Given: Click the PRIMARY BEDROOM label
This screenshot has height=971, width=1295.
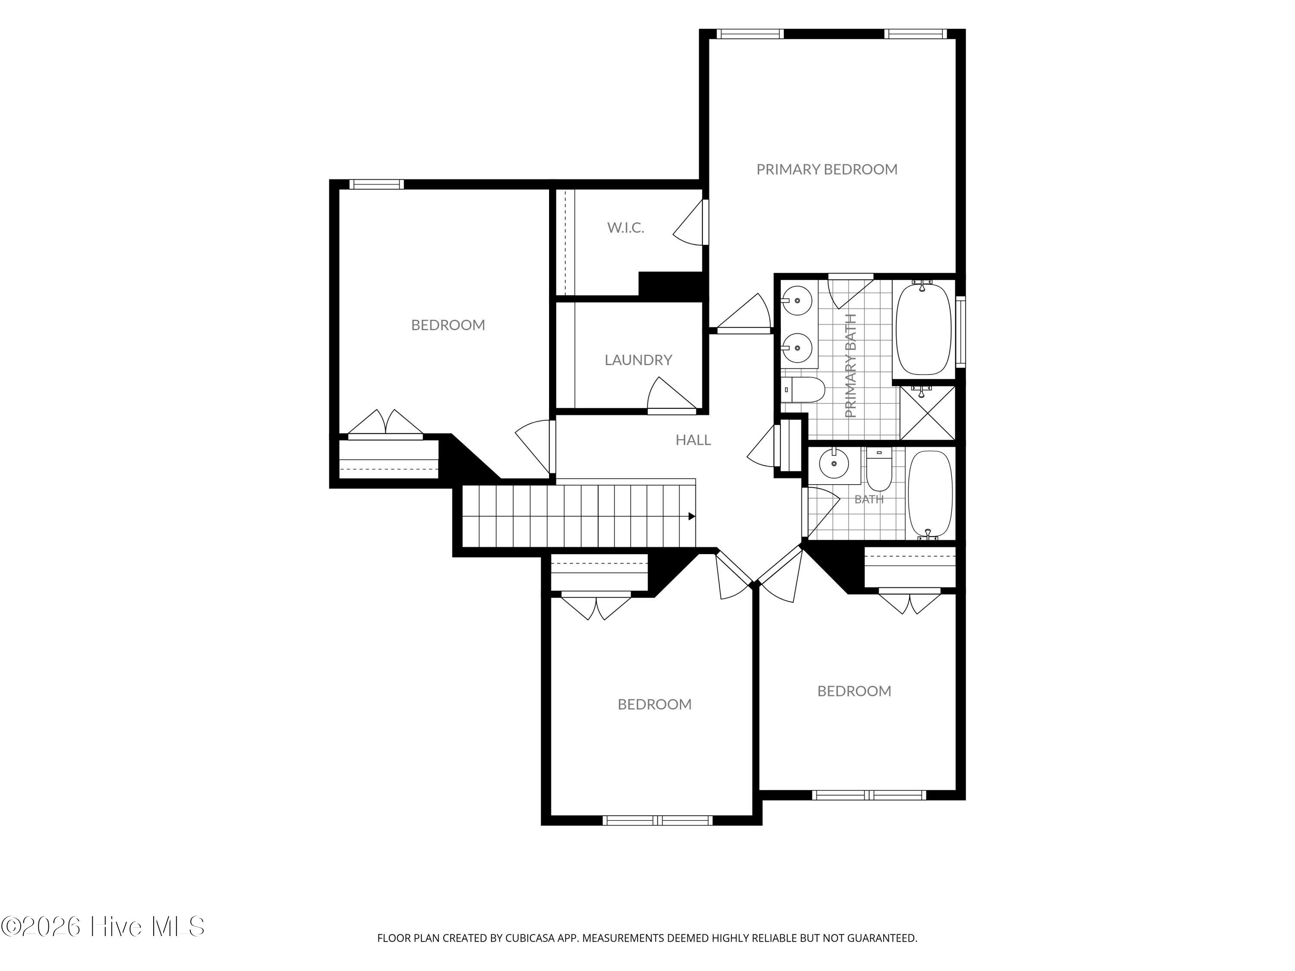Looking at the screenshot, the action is point(827,170).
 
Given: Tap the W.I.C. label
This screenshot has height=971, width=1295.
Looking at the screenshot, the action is point(625,228).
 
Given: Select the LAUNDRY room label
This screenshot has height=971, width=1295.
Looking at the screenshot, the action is point(638,360).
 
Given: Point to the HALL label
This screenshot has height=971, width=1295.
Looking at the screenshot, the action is point(693,440).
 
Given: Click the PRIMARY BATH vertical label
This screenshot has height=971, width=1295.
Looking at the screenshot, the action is point(851,366).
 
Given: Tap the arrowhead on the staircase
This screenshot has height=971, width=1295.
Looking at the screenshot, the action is point(692,516).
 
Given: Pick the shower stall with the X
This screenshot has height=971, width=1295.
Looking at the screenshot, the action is point(927,412).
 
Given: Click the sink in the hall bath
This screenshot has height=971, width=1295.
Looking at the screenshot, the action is point(833,465).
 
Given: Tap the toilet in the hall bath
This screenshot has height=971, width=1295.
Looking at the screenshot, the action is point(879,470).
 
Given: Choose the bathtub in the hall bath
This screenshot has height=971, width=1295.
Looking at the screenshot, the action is point(930,495).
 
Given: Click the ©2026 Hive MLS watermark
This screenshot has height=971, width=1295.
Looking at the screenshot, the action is point(103,927).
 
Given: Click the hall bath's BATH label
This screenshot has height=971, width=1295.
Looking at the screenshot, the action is point(869,500).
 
